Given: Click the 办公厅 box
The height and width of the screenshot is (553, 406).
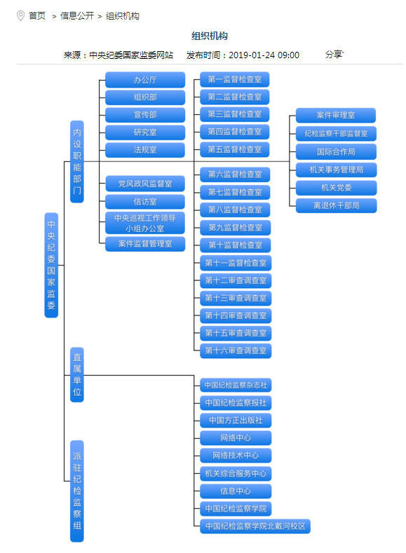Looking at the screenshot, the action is [x=145, y=80].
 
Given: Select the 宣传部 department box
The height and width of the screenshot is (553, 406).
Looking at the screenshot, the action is [x=145, y=115].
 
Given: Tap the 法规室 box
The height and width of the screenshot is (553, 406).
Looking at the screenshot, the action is [x=145, y=150].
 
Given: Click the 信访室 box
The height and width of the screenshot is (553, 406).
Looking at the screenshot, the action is [x=145, y=202].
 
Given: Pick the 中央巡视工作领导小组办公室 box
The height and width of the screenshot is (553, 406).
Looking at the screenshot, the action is [x=145, y=224].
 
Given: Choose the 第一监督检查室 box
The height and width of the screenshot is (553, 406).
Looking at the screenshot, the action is [x=235, y=79].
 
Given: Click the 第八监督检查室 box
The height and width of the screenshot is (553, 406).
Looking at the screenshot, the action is [x=235, y=210].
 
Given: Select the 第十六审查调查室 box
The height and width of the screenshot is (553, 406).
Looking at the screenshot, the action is [x=236, y=351].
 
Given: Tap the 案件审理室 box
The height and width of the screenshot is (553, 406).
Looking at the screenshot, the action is [x=336, y=116].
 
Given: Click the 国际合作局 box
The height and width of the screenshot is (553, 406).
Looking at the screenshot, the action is [x=336, y=152].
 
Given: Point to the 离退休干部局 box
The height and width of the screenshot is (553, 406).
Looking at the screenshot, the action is [x=336, y=205].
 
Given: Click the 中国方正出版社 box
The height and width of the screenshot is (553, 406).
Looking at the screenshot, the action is [x=236, y=421].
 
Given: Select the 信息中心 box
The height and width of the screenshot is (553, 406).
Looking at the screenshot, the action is [x=236, y=491].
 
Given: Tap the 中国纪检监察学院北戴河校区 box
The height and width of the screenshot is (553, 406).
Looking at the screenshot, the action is [x=255, y=526].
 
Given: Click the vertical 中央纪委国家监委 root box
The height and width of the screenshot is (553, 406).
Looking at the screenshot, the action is [x=51, y=265].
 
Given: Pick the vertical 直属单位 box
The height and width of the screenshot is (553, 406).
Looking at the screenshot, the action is [x=77, y=374].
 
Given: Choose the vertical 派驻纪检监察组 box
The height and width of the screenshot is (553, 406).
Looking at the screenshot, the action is [x=77, y=491].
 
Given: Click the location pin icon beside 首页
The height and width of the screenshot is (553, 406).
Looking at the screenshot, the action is [x=21, y=16].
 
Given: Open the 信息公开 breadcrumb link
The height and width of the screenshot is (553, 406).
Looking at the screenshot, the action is [x=77, y=16].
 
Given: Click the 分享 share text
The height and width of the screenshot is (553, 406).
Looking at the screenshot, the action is [x=334, y=55].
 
